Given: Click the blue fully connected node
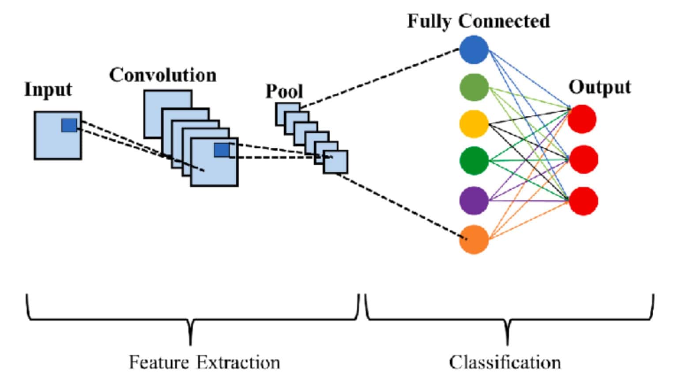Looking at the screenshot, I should (x=474, y=50).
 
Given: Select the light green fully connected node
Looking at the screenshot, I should (x=474, y=87).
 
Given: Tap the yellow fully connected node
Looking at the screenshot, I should (x=474, y=124).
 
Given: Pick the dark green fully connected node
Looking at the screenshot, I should (x=474, y=160).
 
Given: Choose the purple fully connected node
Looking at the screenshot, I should (x=474, y=200).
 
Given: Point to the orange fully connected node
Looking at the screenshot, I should (x=474, y=240).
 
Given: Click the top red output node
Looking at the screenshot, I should (x=582, y=119).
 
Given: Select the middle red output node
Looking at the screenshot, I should (x=584, y=159).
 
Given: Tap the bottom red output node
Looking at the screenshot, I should (x=584, y=201).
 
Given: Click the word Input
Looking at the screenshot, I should (x=48, y=90).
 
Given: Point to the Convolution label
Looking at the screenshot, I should (x=163, y=75).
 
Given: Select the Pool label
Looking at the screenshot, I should (x=284, y=92).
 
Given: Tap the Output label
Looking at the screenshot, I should (x=599, y=87).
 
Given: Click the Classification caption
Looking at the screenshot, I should (x=505, y=363).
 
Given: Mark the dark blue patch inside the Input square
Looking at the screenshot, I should (x=69, y=126).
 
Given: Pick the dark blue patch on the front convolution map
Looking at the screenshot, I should (x=222, y=150).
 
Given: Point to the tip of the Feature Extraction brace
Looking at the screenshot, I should (x=190, y=342).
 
